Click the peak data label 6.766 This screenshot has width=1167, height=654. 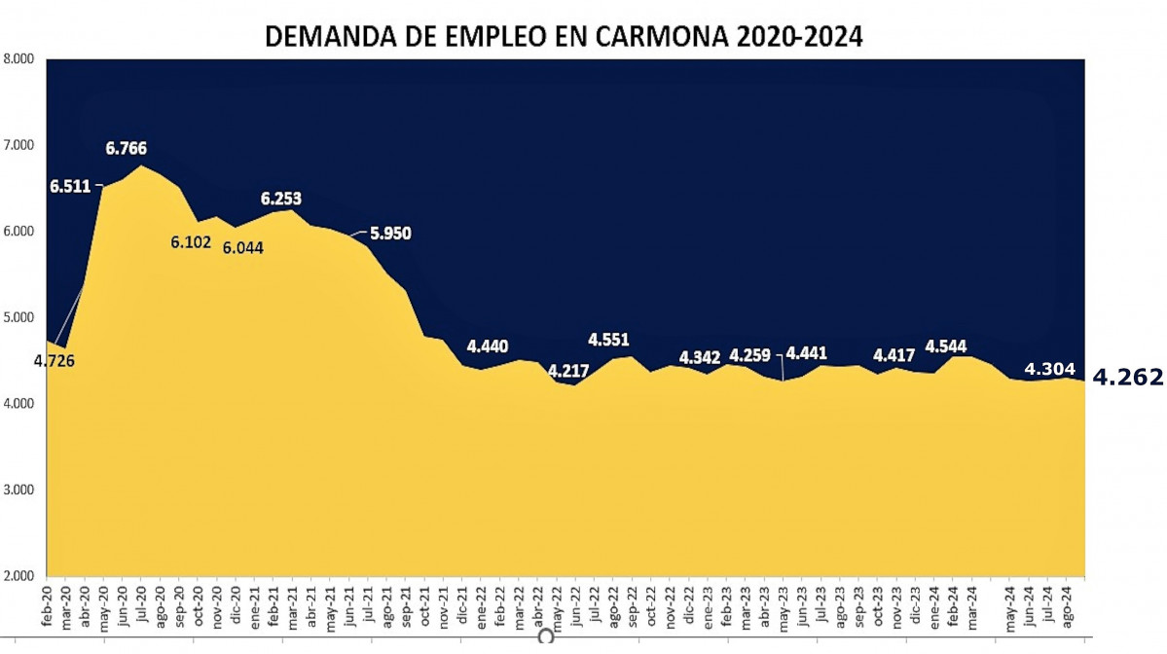[x=127, y=149]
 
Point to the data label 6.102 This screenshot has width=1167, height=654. [x=191, y=241]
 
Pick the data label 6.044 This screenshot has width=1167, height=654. [x=242, y=247]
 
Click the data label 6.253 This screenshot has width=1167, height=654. [x=281, y=199]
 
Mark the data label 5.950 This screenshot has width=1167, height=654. [x=389, y=234]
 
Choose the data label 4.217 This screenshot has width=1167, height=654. [x=568, y=371]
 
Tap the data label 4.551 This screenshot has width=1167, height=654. [x=608, y=341]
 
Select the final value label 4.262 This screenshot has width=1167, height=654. [x=1127, y=378]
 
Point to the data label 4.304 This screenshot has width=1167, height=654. [x=1049, y=369]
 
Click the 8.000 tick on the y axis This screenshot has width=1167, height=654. [x=19, y=58]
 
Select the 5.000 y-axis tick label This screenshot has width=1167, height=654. [x=19, y=317]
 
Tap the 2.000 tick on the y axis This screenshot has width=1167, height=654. [x=19, y=575]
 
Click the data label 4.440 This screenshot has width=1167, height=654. [x=488, y=346]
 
